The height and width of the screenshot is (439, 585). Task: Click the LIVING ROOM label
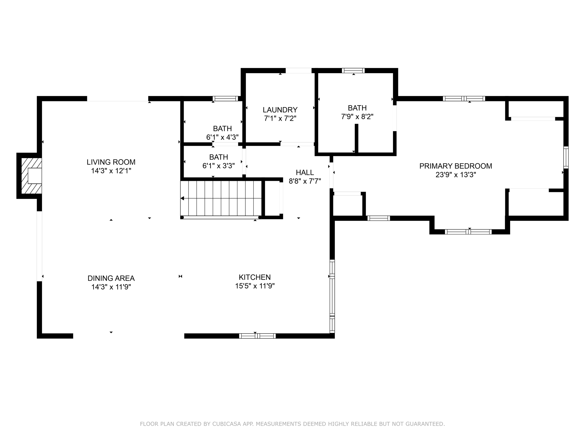[x=111, y=162]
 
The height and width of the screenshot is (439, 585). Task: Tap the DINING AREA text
[x=111, y=278]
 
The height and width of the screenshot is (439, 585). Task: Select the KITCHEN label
[x=255, y=277]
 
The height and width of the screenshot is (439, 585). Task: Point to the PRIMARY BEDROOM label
[x=455, y=166]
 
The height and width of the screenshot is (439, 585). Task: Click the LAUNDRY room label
[x=280, y=110]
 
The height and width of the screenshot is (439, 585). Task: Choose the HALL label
[x=305, y=172]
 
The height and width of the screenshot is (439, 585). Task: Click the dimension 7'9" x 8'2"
[x=357, y=117]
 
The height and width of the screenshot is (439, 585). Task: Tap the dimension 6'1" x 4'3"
[x=222, y=137]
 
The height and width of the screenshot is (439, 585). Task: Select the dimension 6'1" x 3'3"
[x=219, y=166]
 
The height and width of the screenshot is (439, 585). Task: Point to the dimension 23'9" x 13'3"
[x=455, y=175]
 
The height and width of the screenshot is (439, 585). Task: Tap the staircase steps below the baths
[x=221, y=198]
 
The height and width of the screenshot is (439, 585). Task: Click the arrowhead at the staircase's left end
[x=182, y=198]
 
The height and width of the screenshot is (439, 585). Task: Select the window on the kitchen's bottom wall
[x=257, y=336]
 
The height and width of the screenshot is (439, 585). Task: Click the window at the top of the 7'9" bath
[x=353, y=71]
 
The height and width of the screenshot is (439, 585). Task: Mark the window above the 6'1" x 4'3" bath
[x=225, y=99]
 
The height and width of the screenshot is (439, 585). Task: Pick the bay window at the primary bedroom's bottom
[x=468, y=232]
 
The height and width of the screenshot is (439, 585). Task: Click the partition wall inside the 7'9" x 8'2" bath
[x=356, y=138]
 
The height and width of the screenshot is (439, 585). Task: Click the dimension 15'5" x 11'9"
[x=255, y=286]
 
